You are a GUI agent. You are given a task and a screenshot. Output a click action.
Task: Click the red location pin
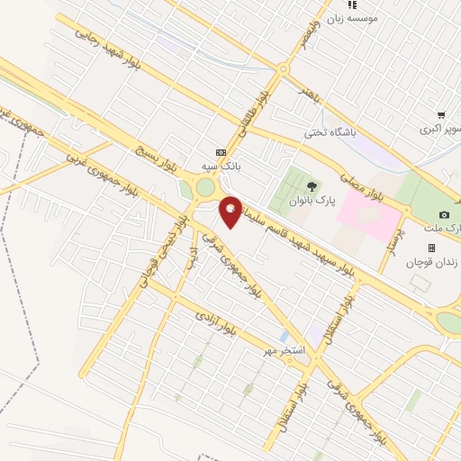(230, 211)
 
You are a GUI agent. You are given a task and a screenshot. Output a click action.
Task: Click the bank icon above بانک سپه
(221, 151)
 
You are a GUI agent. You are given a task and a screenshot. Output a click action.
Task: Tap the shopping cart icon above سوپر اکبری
(441, 114)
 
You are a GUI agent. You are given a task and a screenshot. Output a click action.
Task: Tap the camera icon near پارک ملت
(444, 214)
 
